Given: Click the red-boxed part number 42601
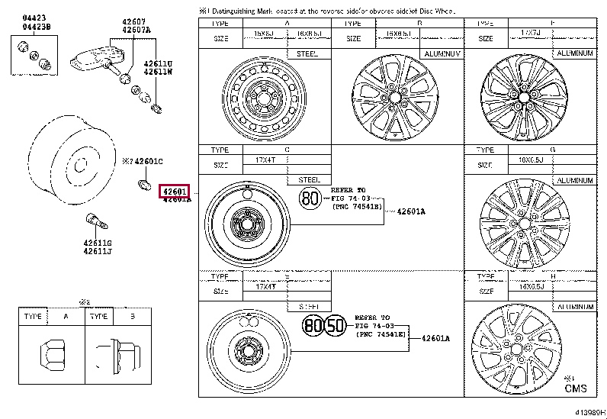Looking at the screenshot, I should click(x=173, y=191).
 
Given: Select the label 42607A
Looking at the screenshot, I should click(x=138, y=31).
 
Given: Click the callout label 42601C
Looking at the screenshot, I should click(x=146, y=161).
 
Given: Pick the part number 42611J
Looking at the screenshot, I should click(x=98, y=251).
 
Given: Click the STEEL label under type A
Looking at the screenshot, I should click(x=309, y=53).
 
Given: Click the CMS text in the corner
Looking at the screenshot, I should click(x=576, y=388).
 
